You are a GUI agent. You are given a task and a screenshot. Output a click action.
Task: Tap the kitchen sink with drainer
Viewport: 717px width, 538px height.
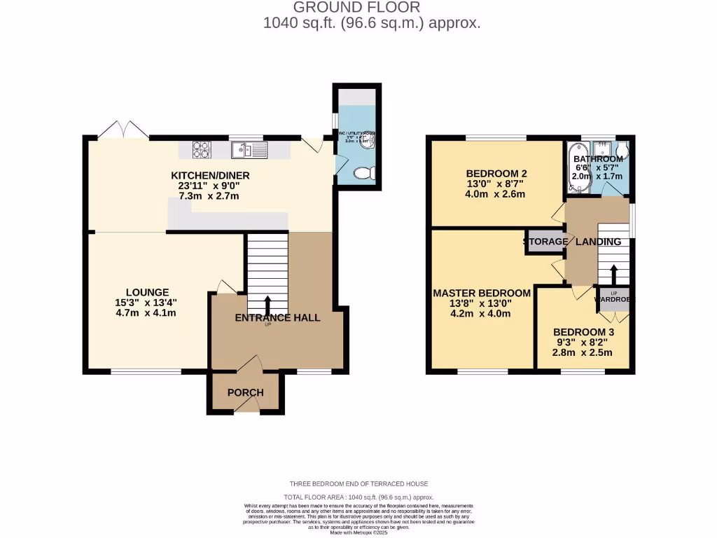point(249,150)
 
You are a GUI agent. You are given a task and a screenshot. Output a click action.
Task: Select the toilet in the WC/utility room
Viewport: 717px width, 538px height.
point(362,173)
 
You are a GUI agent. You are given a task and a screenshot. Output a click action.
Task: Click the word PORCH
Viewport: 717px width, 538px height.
point(246,392)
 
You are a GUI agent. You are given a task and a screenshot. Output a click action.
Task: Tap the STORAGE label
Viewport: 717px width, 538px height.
point(545,242)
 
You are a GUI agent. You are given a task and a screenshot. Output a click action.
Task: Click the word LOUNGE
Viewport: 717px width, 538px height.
point(148,292)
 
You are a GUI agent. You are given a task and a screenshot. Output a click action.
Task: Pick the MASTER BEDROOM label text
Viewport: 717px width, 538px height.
point(482,293)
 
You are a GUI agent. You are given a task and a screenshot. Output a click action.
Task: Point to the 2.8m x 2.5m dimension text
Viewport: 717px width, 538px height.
point(583,352)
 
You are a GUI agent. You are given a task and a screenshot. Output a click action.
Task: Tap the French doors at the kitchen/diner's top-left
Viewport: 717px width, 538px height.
point(123,130)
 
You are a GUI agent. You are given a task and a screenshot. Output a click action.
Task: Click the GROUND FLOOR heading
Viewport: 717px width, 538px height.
point(356,8)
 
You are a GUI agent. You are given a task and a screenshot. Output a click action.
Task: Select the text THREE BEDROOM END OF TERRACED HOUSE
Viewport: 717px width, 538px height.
point(358,483)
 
